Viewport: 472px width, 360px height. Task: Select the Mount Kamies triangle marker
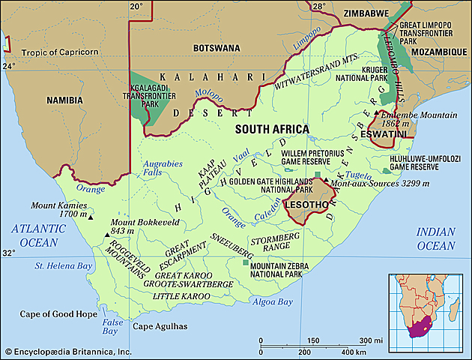tap(91, 217)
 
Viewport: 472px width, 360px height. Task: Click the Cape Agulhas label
tap(160, 327)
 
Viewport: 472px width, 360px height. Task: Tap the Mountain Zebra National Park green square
tap(245, 262)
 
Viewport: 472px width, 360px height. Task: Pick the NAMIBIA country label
tap(64, 99)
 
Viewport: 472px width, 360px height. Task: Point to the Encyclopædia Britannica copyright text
tap(67, 352)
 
